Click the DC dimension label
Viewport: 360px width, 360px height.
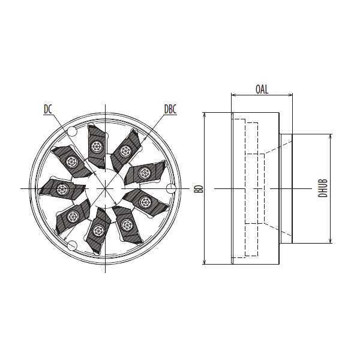[48, 109]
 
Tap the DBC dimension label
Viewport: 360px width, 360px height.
[170, 109]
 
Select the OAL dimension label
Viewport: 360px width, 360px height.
[262, 89]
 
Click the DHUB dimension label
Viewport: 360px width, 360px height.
[323, 188]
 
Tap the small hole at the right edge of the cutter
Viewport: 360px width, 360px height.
[170, 188]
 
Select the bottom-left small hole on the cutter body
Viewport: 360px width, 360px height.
[73, 245]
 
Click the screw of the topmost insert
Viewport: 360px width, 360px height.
[96, 146]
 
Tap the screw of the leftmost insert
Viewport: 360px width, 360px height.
[61, 189]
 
